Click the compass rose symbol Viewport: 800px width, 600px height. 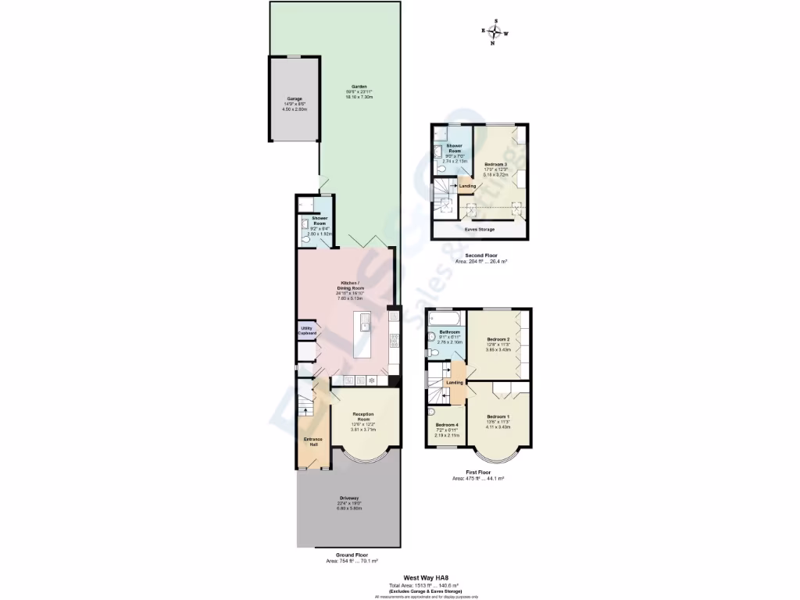[x=494, y=32]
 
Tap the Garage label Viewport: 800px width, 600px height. [x=294, y=99]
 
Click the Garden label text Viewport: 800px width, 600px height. [x=359, y=87]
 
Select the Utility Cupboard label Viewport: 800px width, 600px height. [x=306, y=331]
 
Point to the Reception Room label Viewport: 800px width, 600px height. [x=363, y=414]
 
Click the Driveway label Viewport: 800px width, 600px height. [x=349, y=498]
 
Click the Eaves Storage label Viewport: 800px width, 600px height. [x=480, y=230]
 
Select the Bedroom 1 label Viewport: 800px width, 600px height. [x=498, y=416]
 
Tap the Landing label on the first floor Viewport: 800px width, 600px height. [x=455, y=383]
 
